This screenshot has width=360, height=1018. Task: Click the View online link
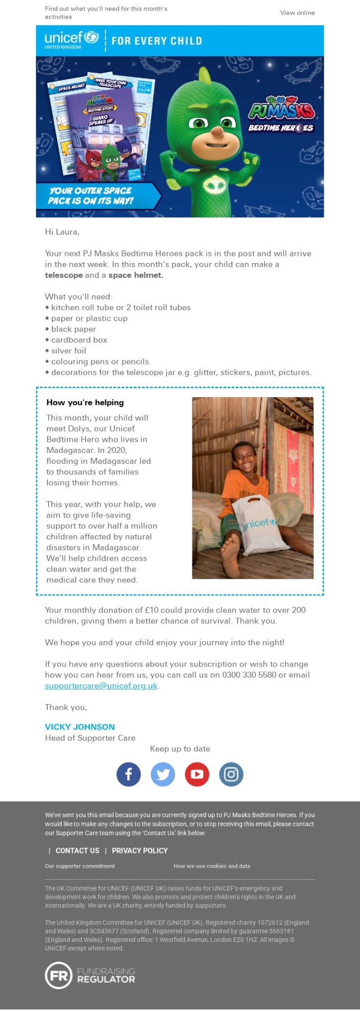coord(297,13)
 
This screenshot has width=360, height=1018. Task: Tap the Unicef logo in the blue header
coord(72,39)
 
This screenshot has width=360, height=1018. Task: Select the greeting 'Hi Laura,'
coord(62,232)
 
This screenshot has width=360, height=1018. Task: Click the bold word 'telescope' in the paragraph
coord(64,275)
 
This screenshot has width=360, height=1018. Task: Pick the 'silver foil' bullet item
coord(69,350)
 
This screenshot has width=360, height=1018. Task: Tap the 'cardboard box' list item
coord(79,340)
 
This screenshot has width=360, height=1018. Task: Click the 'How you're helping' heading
coord(85,403)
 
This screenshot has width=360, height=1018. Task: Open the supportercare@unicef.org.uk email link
coord(101,686)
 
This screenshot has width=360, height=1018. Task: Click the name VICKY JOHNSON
coord(80,727)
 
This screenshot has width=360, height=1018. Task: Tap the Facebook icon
coord(129,774)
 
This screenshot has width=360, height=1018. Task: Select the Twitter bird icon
coord(163,774)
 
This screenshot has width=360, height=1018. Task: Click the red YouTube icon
coord(197,774)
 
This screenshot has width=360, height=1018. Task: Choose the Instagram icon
coord(231,774)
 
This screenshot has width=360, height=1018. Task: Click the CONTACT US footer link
coord(77,850)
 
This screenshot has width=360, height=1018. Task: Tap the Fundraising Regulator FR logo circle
coord(59,975)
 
